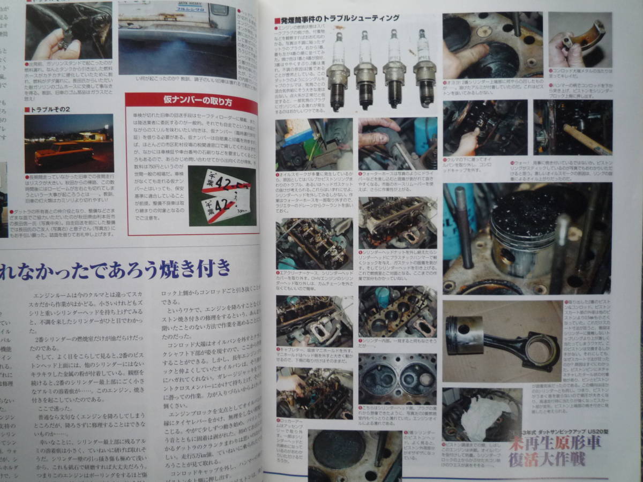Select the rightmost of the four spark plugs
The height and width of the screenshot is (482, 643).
coord(425,70)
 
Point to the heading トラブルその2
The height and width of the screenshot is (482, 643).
coord(48,109)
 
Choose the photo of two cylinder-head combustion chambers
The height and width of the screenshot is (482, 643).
coord(397,378)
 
